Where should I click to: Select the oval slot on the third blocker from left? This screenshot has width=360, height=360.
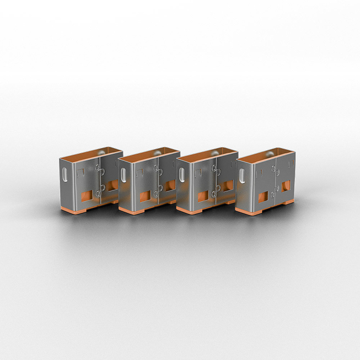(183, 175)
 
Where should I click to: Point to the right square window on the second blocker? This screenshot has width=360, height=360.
(169, 187)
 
